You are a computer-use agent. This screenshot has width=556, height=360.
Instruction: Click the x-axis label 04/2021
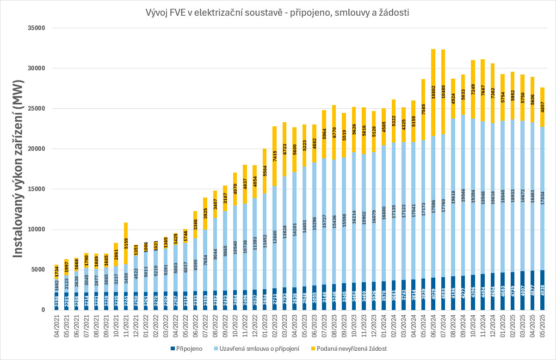point(57,328)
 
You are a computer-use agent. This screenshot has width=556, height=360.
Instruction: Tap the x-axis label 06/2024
point(433,328)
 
